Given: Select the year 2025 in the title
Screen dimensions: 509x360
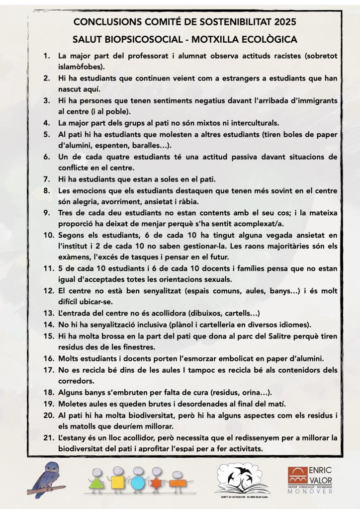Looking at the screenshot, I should [285, 22].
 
